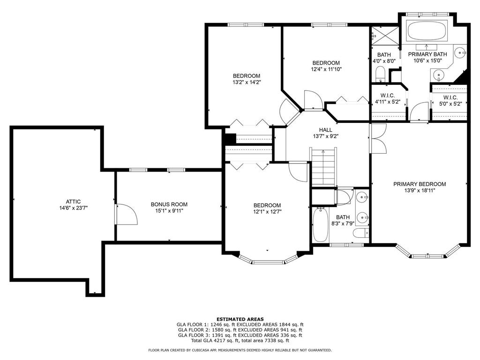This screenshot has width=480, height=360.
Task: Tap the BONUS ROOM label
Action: click(169, 204)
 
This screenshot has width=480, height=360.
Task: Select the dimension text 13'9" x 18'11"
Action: click(419, 191)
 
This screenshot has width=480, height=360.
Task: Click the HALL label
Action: click(325, 130)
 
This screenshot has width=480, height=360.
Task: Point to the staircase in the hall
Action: click(323, 166)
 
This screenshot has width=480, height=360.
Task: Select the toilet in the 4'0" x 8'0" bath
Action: click(380, 74)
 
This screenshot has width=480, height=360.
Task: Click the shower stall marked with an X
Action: click(384, 36)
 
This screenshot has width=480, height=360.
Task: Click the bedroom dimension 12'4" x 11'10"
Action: click(326, 69)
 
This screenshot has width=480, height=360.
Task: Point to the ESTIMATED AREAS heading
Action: click(240, 319)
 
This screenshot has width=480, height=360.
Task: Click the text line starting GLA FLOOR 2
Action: click(240, 330)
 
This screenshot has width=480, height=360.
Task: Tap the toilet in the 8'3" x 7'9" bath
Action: click(360, 233)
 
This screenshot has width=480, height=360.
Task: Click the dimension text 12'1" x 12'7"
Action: click(267, 211)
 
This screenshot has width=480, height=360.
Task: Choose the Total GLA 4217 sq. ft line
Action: click(240, 340)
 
